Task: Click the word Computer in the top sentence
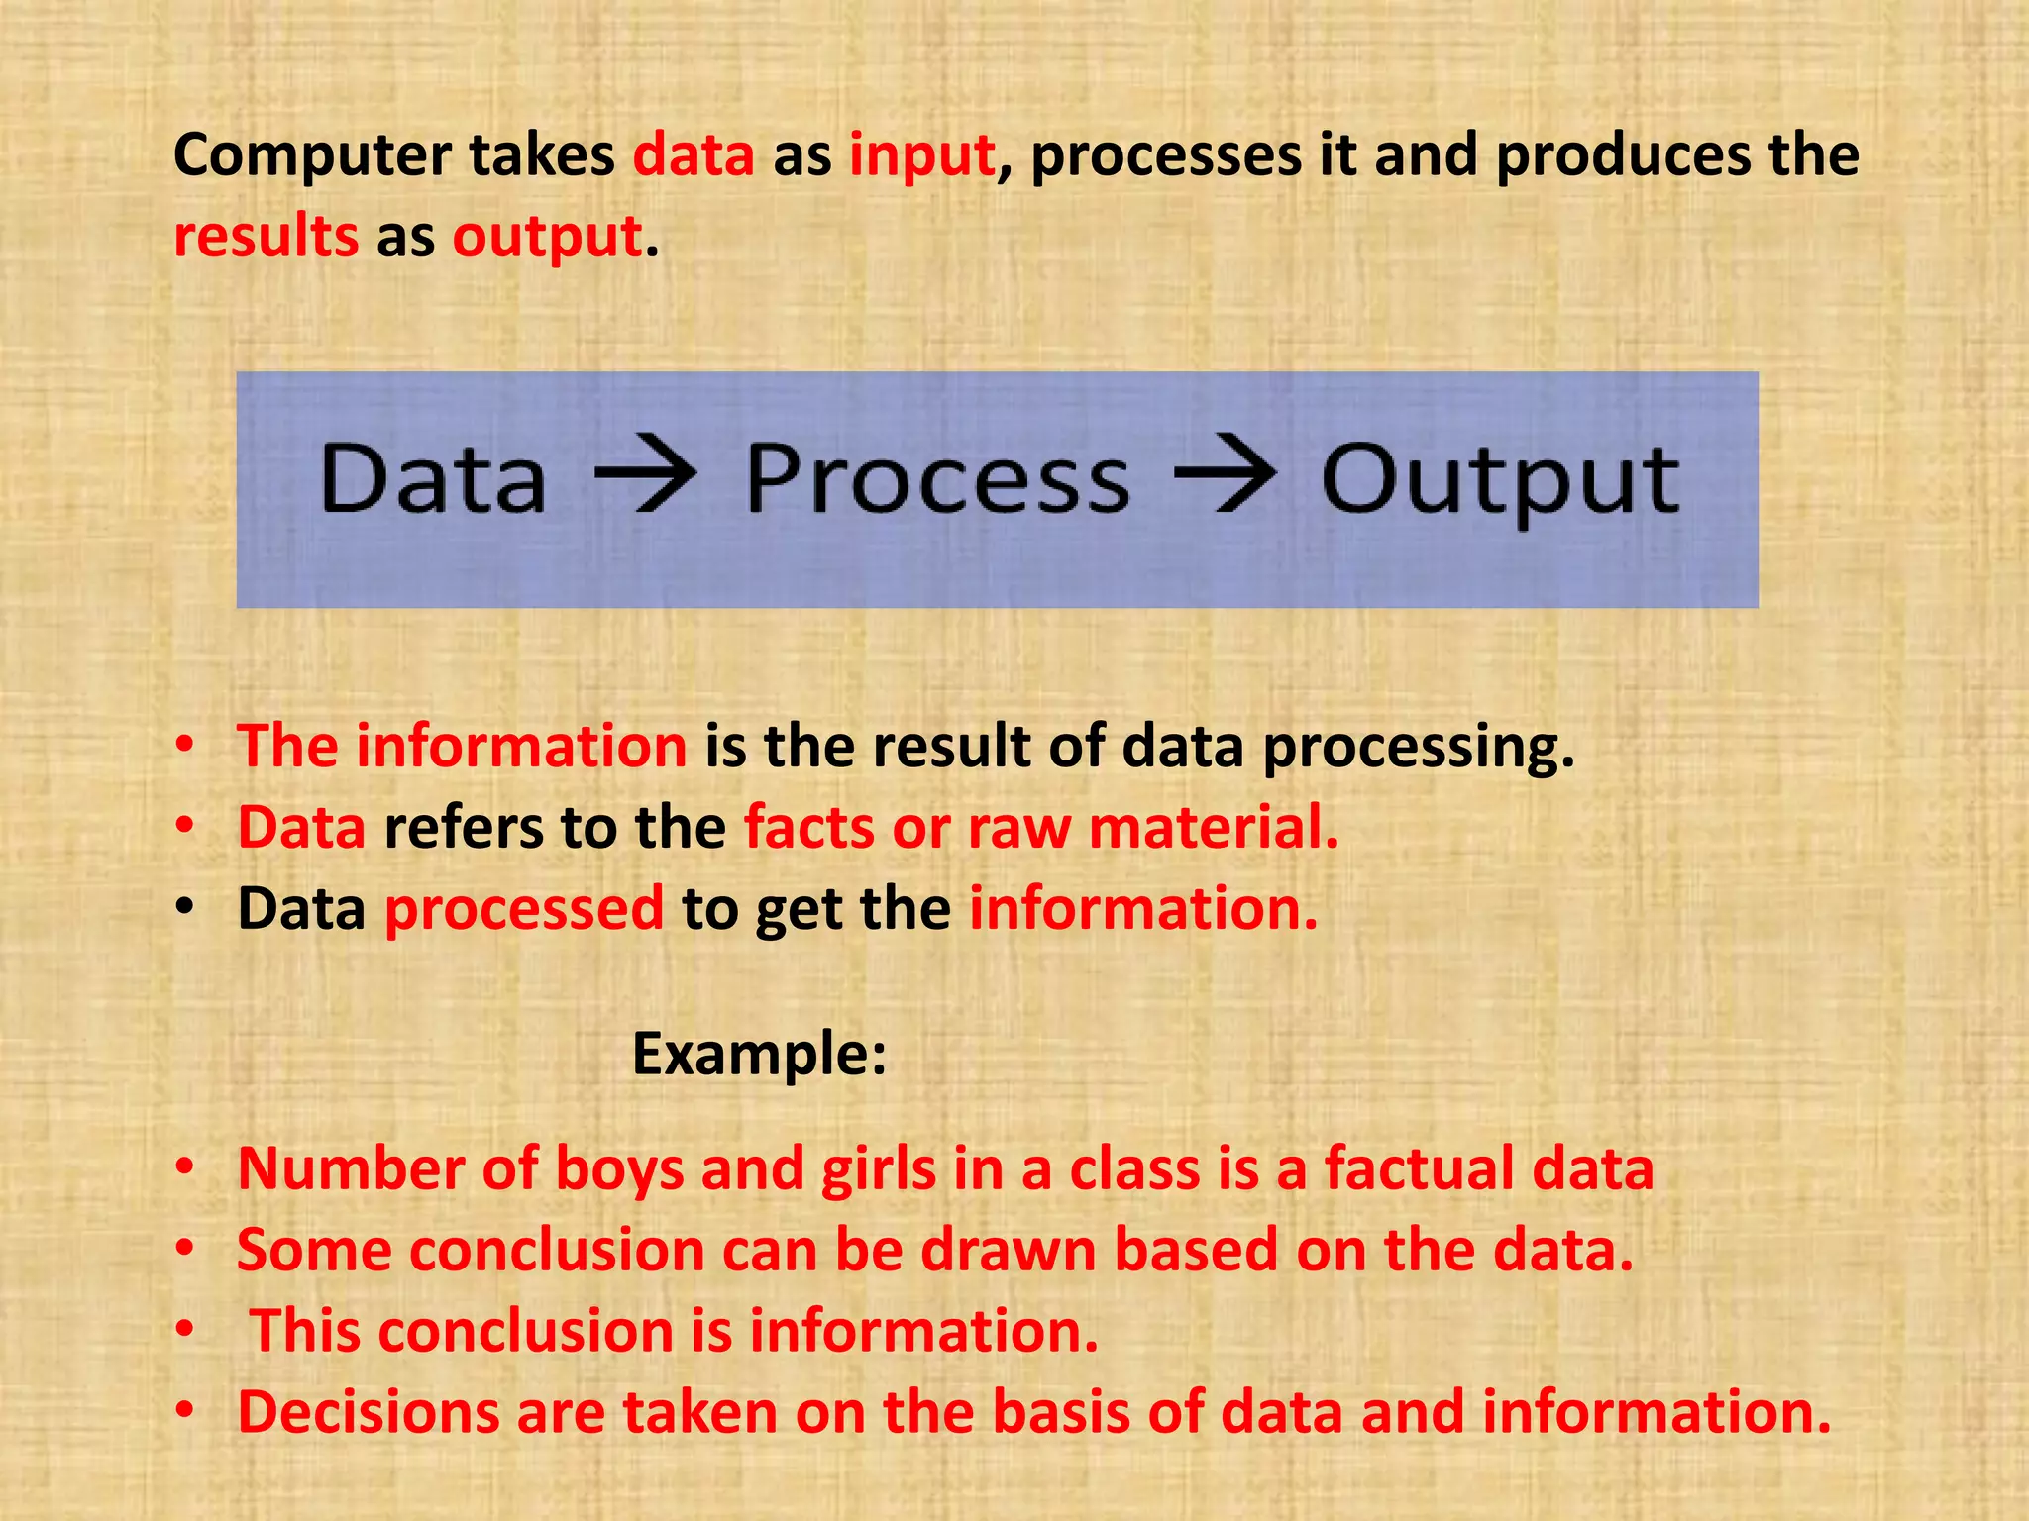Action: coord(311,156)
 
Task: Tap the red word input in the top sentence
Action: coord(921,156)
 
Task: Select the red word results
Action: coord(266,238)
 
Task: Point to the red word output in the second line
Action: coord(548,238)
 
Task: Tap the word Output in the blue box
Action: coord(1499,481)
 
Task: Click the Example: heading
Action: coord(759,1054)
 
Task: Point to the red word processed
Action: coord(523,909)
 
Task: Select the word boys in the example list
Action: coord(619,1169)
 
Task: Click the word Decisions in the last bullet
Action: coord(368,1412)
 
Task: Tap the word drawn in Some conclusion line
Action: coord(1008,1250)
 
